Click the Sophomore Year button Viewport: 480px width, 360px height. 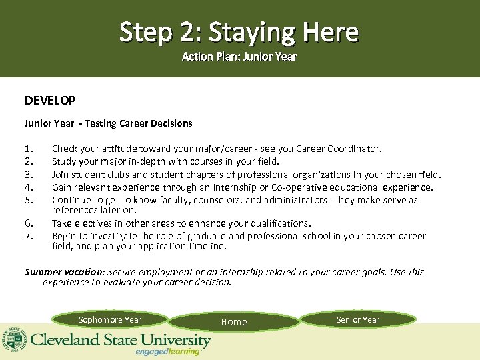point(110,320)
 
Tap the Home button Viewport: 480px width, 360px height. point(234,322)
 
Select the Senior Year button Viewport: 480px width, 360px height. point(358,320)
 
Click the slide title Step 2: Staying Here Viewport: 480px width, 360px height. point(239,31)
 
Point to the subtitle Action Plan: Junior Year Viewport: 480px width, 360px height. point(239,57)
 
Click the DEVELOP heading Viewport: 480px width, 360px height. point(50,101)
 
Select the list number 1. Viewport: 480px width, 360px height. point(28,149)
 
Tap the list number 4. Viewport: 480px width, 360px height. point(28,187)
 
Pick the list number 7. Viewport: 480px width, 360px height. point(28,236)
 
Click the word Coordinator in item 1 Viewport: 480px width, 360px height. point(357,149)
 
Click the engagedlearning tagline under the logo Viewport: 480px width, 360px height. point(167,352)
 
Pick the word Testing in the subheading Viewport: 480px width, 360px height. point(100,123)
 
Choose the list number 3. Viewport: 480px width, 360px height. point(28,175)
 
